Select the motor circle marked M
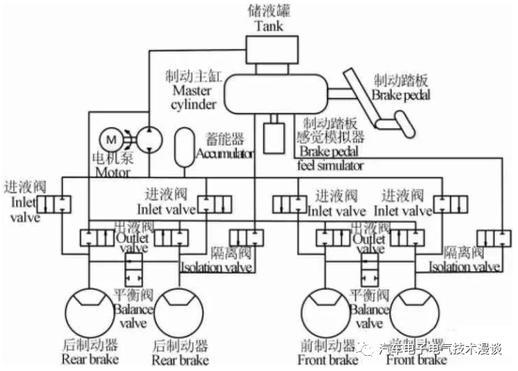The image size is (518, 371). tap(111, 138)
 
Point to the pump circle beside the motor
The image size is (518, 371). tap(148, 138)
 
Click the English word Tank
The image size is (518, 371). tap(268, 26)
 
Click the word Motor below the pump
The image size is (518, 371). tap(112, 173)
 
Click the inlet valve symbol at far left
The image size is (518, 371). tap(54, 204)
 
